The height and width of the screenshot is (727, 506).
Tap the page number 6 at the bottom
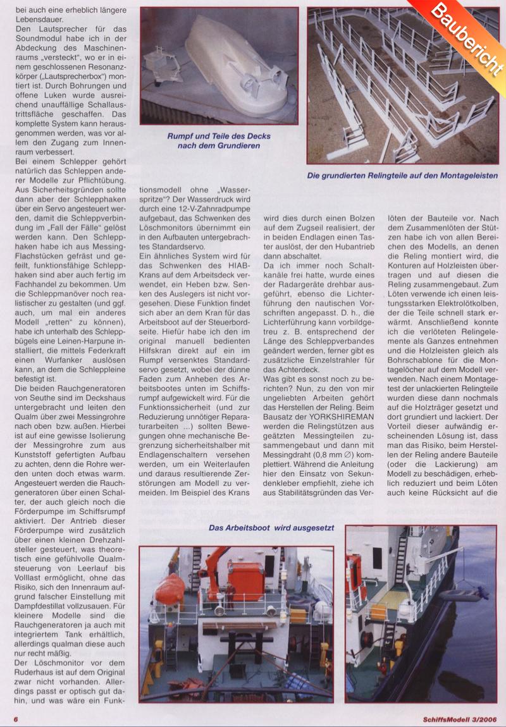coord(15,719)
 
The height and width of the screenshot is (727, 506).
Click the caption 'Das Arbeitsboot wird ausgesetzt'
coord(272,527)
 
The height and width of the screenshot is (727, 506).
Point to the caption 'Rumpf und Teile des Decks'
coord(218,135)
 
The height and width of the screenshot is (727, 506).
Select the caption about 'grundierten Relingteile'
coord(402,176)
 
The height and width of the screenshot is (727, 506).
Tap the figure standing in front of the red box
coord(231,594)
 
